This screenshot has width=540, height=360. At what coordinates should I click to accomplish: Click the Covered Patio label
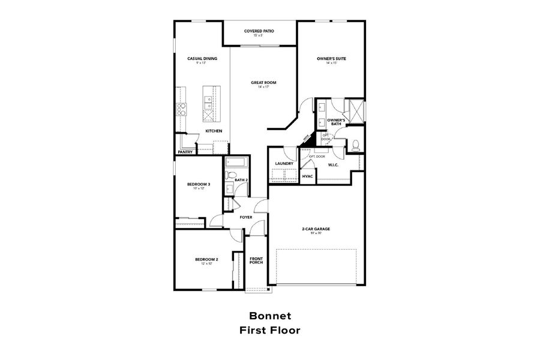[260, 31]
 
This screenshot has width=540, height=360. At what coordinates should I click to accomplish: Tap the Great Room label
[263, 82]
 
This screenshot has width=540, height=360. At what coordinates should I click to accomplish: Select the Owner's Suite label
[332, 58]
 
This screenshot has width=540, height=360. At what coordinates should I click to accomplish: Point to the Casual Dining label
[202, 58]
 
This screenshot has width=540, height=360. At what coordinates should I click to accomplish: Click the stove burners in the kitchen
[181, 109]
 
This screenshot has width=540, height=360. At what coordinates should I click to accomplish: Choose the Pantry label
[185, 152]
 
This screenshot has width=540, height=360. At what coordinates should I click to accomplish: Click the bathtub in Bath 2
[236, 162]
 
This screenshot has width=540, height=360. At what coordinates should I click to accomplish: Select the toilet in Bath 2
[229, 175]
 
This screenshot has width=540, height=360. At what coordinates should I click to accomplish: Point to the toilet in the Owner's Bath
[355, 145]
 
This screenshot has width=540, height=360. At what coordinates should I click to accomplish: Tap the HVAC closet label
[308, 176]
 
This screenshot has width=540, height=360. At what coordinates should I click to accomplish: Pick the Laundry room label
[284, 163]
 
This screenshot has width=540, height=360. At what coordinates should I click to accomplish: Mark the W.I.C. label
[334, 165]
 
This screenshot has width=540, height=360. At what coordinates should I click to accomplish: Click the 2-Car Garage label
[316, 229]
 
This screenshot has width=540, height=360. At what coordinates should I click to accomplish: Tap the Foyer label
[246, 217]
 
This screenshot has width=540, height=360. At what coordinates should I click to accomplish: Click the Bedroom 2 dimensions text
[206, 263]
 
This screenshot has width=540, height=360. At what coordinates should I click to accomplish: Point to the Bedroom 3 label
[199, 184]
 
